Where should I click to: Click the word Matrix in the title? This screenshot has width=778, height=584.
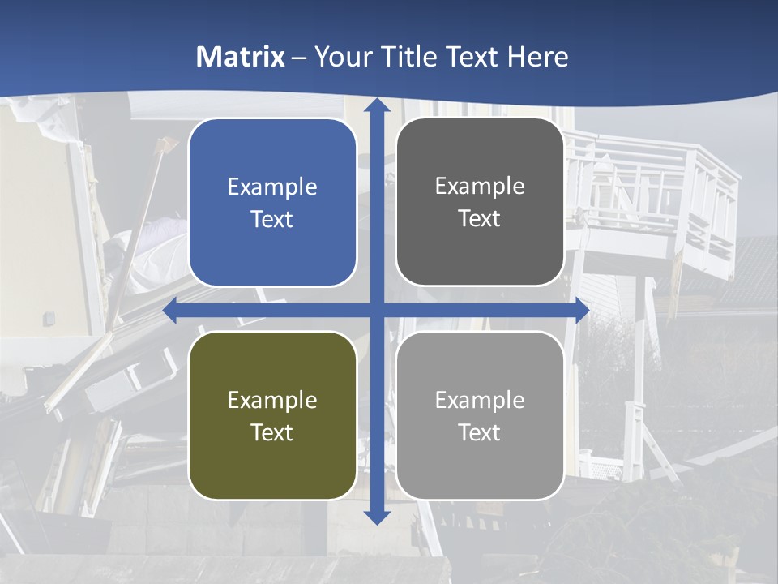[x=241, y=57]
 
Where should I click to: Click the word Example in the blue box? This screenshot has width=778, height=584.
[x=272, y=187]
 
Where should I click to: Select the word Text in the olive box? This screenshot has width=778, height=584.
[x=272, y=432]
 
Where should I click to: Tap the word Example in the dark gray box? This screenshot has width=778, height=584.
[x=480, y=186]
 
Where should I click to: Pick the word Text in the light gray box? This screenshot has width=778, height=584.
[x=480, y=432]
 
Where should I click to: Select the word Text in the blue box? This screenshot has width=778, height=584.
[x=272, y=219]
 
